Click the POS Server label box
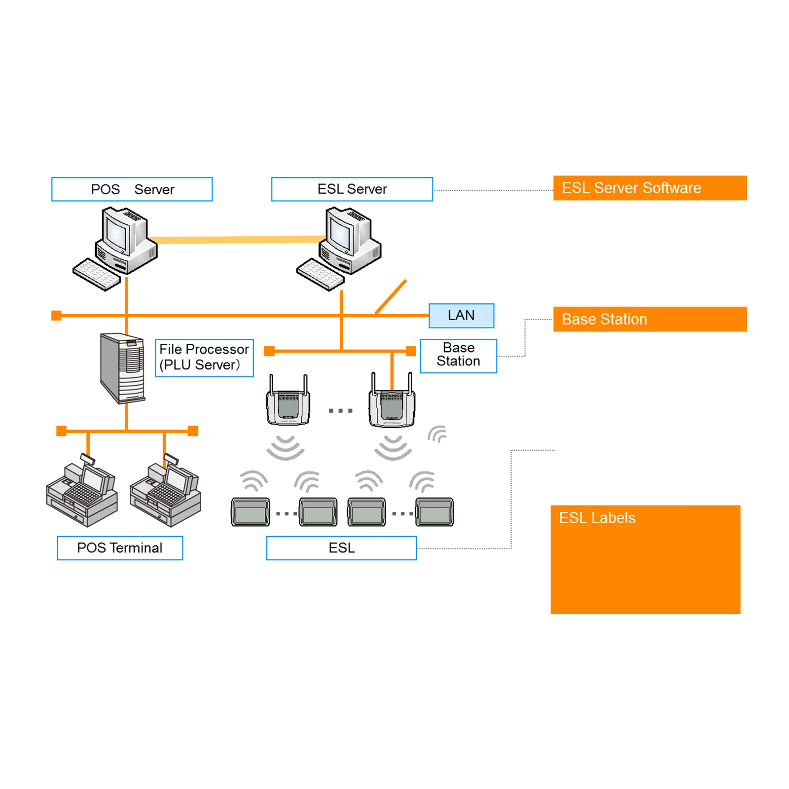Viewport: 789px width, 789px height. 132,189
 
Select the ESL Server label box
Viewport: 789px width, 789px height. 352,189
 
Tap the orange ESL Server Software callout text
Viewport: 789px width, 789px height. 631,188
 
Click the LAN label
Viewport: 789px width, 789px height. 461,315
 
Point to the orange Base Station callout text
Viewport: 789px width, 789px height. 604,320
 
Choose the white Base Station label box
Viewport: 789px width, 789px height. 458,355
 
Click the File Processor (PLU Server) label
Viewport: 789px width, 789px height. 204,357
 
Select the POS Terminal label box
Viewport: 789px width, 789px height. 120,548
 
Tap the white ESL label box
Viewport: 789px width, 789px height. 341,548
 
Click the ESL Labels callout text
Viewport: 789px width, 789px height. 597,518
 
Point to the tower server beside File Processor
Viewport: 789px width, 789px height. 122,367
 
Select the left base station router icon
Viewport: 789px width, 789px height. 288,402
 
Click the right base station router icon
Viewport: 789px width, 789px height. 392,402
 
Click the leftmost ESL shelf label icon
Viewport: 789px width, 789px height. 251,513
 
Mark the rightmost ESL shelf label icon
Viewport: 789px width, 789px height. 434,513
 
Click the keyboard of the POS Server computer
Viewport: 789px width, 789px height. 97,274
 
